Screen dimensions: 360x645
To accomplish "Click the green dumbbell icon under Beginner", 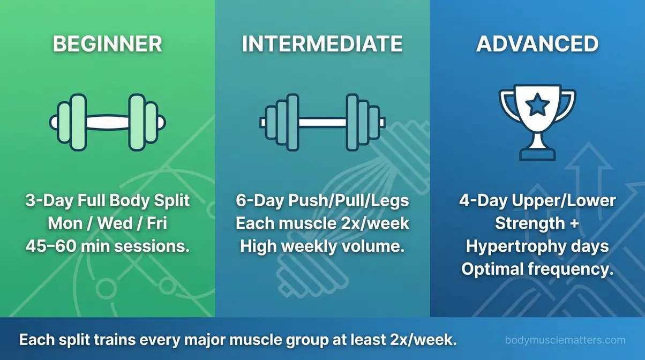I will (x=107, y=122).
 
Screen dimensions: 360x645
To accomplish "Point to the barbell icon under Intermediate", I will (x=322, y=122).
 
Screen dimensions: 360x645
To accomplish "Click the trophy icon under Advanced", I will (x=537, y=121).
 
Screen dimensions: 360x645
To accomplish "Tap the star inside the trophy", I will (x=537, y=106).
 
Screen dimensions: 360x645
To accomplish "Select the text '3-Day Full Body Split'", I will (x=107, y=201).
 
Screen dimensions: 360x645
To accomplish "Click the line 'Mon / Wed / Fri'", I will (x=107, y=223).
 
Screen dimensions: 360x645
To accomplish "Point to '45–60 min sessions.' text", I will (x=107, y=246).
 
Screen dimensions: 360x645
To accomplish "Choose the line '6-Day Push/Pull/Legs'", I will (x=322, y=201).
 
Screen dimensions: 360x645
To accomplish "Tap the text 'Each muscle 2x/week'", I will (x=322, y=223).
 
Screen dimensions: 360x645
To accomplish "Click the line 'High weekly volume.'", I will (x=322, y=246).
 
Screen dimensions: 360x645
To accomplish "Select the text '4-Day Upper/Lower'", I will (x=537, y=201).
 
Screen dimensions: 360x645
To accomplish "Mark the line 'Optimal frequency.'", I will (x=537, y=269).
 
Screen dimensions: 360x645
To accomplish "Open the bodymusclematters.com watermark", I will (x=565, y=340).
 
